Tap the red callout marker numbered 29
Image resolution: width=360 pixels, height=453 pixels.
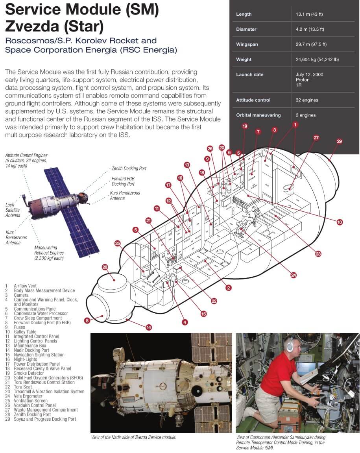339,141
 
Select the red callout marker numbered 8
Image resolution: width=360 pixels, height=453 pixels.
87,321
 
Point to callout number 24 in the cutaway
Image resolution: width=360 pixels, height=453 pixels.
294,275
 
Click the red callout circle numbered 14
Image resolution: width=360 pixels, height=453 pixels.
148,327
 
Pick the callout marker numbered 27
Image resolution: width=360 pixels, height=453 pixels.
316,137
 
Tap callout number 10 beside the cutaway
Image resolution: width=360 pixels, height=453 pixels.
340,222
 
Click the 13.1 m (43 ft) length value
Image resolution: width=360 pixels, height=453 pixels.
309,14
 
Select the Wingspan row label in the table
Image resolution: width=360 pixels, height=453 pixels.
247,44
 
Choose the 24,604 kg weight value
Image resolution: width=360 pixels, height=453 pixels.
317,59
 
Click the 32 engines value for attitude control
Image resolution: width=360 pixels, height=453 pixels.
307,100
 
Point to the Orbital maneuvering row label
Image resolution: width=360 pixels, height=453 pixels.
258,115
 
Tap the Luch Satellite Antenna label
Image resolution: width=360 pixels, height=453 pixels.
13,210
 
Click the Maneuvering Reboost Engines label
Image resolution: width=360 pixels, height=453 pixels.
49,253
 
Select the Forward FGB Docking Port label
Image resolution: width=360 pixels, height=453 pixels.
123,181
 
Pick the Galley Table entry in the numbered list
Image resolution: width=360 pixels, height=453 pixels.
25,332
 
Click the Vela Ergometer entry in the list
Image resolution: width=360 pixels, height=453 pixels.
28,396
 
